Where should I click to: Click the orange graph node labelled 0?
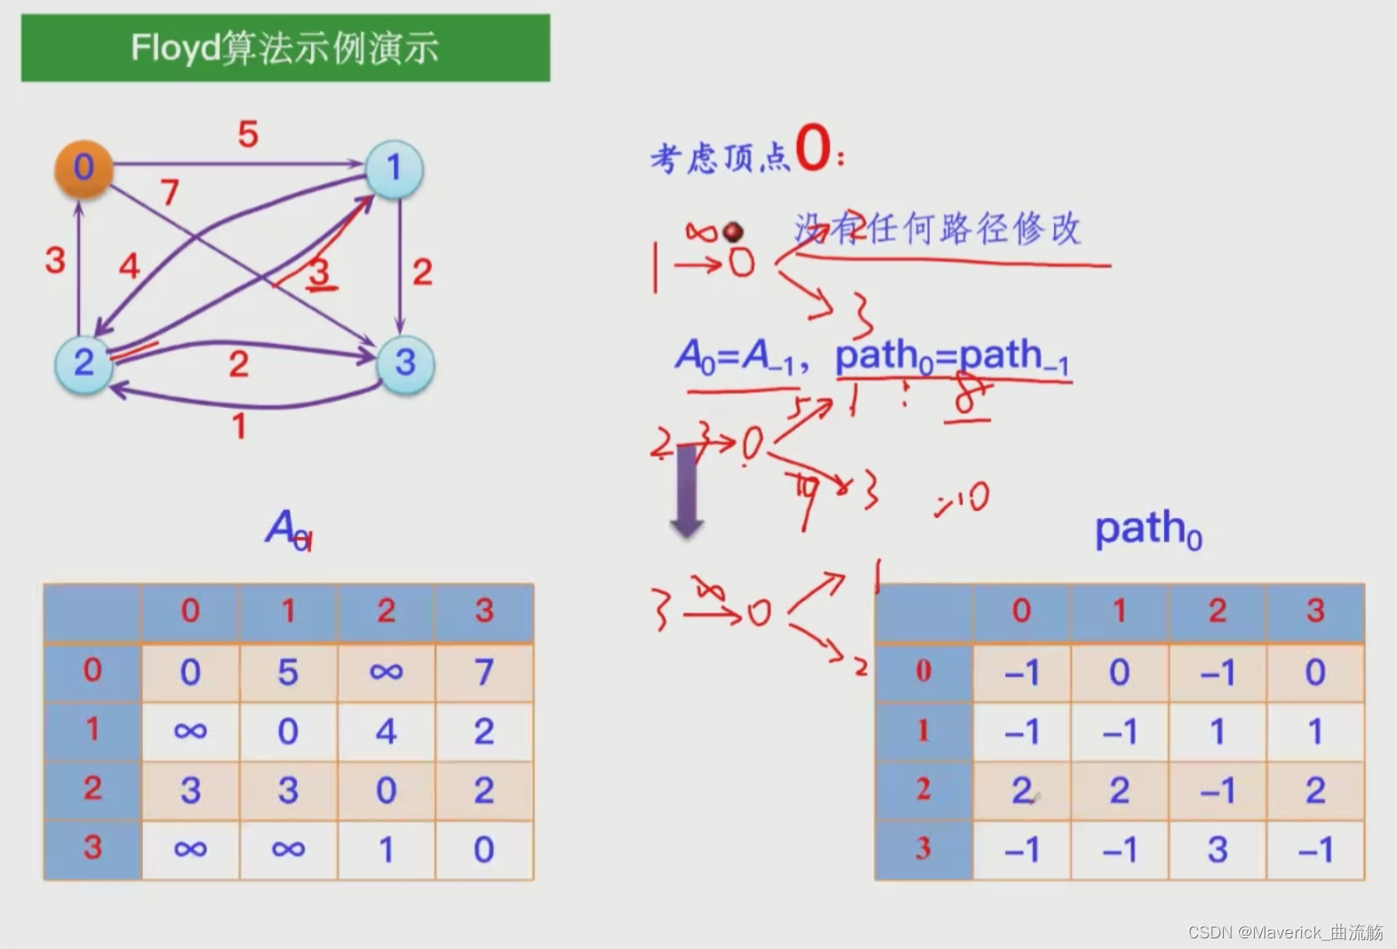(x=84, y=168)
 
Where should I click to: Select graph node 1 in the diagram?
(x=394, y=169)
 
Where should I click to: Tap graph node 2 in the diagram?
(x=84, y=363)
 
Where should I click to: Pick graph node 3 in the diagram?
(x=405, y=363)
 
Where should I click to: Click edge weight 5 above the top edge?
(x=248, y=135)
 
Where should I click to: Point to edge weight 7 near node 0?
(x=169, y=191)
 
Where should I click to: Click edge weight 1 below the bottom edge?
(x=239, y=427)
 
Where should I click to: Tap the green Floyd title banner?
(x=285, y=48)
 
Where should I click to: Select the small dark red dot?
(x=733, y=233)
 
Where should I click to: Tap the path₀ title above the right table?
(x=1148, y=530)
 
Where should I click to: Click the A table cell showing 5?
(x=288, y=673)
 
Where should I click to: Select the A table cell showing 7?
(x=483, y=673)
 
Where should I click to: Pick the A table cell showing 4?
(x=386, y=731)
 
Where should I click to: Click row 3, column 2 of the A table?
(x=386, y=849)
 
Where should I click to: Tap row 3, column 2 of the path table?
(x=1217, y=849)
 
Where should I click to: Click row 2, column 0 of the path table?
(x=1022, y=790)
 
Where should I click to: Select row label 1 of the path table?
(x=923, y=731)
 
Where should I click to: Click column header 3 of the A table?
(x=483, y=611)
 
